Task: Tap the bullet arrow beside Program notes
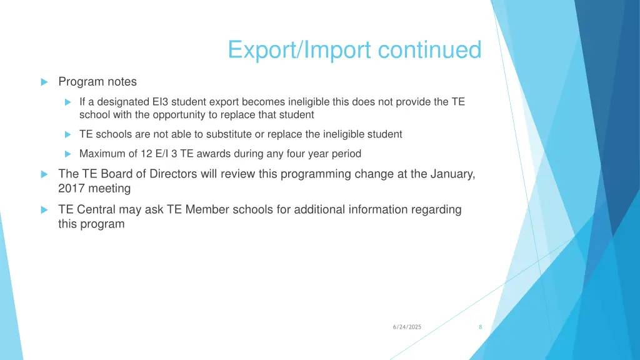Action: click(x=44, y=82)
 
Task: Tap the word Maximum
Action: click(x=101, y=154)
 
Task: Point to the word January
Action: click(x=452, y=174)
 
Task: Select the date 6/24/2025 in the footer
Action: click(x=407, y=327)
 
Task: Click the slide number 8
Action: click(x=480, y=327)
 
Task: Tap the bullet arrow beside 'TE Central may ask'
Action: click(x=44, y=210)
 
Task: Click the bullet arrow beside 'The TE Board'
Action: click(x=44, y=174)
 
